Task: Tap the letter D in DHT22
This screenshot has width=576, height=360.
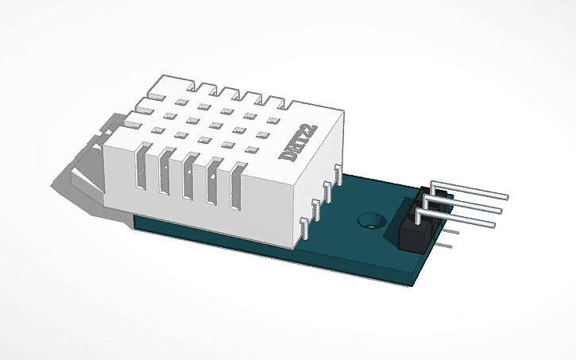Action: (288, 158)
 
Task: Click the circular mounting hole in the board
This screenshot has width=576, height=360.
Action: (368, 219)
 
